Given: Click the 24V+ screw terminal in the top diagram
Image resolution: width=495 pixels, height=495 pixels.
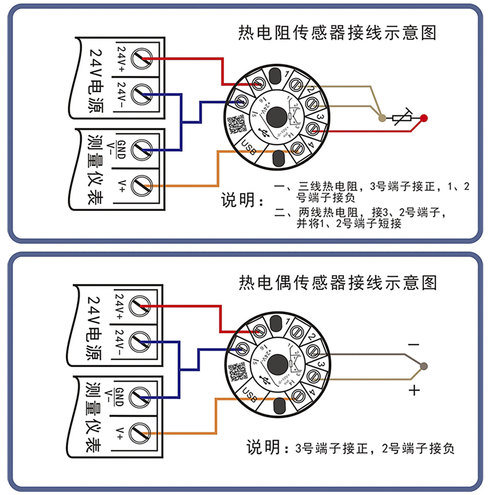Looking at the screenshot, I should pyautogui.click(x=141, y=58).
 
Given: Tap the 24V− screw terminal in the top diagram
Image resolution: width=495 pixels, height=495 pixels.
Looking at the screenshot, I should pyautogui.click(x=141, y=94).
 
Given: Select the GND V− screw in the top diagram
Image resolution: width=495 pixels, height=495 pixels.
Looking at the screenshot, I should pyautogui.click(x=141, y=150).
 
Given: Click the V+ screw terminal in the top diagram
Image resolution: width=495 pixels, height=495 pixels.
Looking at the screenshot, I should pyautogui.click(x=141, y=185).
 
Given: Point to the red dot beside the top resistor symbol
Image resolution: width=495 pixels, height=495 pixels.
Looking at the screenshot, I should pyautogui.click(x=424, y=118).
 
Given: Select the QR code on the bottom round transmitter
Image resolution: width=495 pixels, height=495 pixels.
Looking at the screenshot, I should pyautogui.click(x=237, y=372).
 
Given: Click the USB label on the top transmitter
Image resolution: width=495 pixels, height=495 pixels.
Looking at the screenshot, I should pyautogui.click(x=249, y=147).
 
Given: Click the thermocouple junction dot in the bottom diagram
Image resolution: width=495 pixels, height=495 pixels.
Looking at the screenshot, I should pyautogui.click(x=424, y=366).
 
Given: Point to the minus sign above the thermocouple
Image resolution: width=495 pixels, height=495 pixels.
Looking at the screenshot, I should pyautogui.click(x=414, y=344).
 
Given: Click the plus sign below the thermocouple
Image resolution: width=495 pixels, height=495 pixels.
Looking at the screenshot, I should pyautogui.click(x=414, y=390).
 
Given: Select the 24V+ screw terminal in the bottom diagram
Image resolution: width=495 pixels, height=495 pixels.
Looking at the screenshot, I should pyautogui.click(x=139, y=306).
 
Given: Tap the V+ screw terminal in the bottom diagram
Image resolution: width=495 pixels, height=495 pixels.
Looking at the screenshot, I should pyautogui.click(x=139, y=433).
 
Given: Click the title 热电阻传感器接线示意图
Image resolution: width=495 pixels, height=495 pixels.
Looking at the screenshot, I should pyautogui.click(x=337, y=33).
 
